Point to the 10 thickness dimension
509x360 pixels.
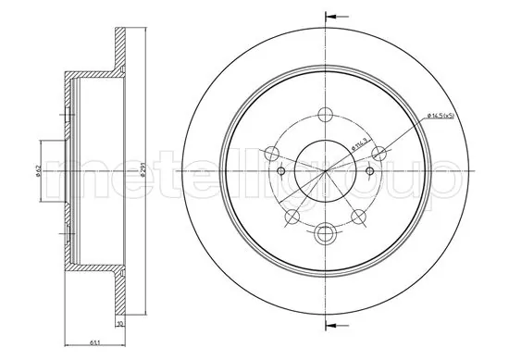120,324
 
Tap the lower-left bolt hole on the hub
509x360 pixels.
292,217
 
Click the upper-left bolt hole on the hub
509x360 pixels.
272,154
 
